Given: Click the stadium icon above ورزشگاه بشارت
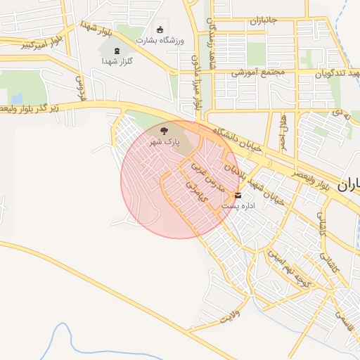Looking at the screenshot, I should [x=160, y=30].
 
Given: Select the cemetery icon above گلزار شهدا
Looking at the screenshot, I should [x=117, y=51].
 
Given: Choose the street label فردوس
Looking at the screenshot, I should [x=79, y=86].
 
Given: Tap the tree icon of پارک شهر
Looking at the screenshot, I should [x=165, y=131].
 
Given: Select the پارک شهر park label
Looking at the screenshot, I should [x=164, y=141].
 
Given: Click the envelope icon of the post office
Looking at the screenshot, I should [x=238, y=195].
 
